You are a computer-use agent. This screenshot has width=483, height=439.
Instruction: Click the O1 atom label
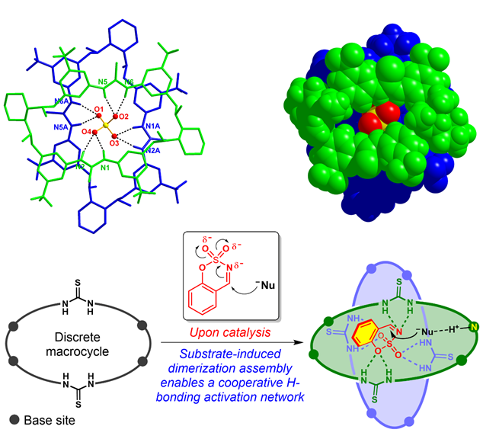click(98, 110)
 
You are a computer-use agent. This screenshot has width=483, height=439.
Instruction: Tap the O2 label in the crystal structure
click(123, 117)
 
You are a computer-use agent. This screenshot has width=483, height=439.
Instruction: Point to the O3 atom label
click(114, 143)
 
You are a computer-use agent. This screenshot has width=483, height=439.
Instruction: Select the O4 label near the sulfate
click(86, 132)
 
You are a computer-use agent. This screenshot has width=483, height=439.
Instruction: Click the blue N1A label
click(151, 127)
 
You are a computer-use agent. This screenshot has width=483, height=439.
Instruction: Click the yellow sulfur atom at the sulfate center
click(104, 126)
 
